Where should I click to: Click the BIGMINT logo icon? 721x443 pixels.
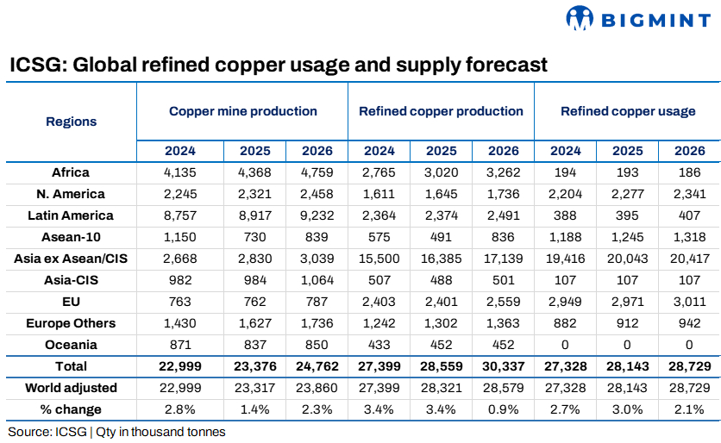(x=580, y=17)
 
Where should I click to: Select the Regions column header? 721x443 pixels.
(x=71, y=122)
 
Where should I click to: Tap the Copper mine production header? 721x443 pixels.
(x=242, y=111)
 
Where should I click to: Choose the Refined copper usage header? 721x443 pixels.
(x=627, y=111)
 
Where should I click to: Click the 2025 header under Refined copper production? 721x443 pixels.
(x=441, y=151)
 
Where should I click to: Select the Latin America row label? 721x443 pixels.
(x=71, y=215)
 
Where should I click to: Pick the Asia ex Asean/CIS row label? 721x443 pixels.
(x=71, y=259)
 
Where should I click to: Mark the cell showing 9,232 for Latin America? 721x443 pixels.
(x=317, y=215)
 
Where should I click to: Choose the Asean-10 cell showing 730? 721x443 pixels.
(x=255, y=237)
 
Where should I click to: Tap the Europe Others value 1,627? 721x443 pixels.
(x=255, y=323)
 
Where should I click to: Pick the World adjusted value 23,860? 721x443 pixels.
(x=317, y=388)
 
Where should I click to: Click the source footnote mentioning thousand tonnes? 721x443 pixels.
(x=116, y=432)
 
